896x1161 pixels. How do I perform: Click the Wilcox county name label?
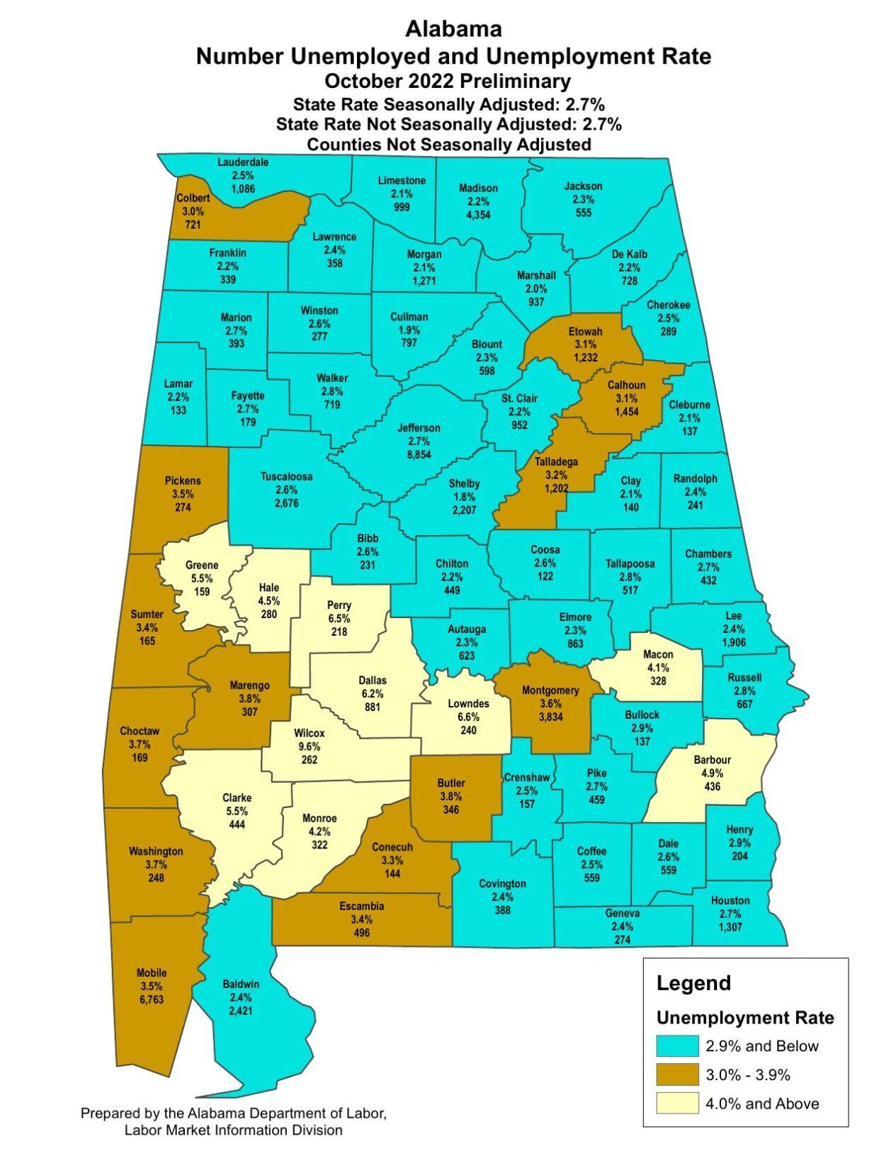[309, 733]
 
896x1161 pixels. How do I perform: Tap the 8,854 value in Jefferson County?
[419, 454]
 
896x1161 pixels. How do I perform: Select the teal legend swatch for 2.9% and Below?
[677, 1046]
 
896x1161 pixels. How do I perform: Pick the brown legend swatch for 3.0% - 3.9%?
[677, 1075]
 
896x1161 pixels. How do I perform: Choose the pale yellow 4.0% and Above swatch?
[677, 1104]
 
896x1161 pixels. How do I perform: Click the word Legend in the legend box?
[693, 983]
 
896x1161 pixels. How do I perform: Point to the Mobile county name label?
[152, 973]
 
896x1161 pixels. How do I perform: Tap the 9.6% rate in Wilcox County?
[309, 746]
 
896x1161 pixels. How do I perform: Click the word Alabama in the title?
[453, 29]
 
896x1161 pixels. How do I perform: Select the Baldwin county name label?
[241, 984]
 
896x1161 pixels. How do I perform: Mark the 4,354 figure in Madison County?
[478, 215]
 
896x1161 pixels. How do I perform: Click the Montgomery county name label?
[550, 690]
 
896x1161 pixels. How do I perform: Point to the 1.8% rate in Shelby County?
[464, 497]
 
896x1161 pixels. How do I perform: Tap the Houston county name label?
[730, 900]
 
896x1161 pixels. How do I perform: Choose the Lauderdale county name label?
[242, 162]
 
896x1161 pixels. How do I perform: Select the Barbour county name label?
[712, 760]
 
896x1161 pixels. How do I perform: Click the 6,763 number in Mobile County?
[152, 1000]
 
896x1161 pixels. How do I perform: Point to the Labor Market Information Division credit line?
[233, 1130]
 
